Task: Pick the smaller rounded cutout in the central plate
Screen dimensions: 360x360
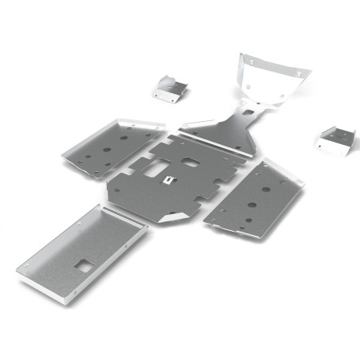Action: [190, 162]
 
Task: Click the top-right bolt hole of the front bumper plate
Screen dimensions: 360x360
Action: [299, 72]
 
